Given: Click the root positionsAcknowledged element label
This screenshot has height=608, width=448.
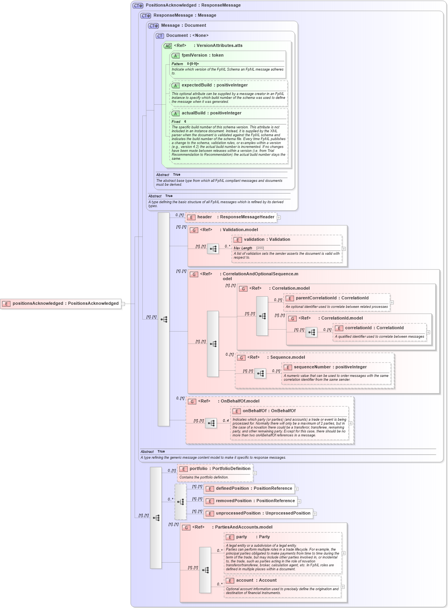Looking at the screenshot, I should tap(65, 304).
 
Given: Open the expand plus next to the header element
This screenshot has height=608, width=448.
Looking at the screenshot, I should tap(279, 218).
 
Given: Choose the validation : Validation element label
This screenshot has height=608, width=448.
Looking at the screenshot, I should tap(266, 240).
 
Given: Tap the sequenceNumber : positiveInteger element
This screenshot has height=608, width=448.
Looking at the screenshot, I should tap(330, 367).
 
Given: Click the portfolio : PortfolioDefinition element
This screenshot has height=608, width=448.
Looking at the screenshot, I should tap(220, 469).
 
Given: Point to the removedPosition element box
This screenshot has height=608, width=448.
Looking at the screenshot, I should tap(255, 501).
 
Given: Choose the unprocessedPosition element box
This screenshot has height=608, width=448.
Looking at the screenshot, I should tap(263, 513).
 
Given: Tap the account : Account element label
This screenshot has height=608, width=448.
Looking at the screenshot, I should tap(256, 580).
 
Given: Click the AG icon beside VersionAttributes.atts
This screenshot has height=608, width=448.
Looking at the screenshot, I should tap(168, 46).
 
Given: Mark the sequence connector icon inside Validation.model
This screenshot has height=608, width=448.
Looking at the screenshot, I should tap(213, 249).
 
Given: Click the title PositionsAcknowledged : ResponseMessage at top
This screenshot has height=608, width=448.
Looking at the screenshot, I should tap(193, 5).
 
